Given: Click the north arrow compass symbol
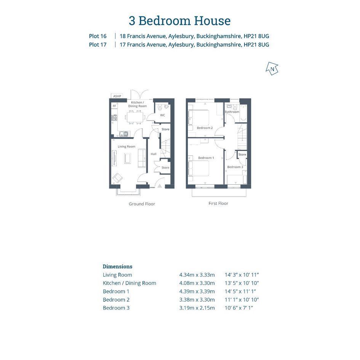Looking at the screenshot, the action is (x=272, y=69).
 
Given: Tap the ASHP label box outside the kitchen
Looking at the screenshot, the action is (x=117, y=96).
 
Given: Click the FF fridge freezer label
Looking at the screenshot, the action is (x=114, y=106).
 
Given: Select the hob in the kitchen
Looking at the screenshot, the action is (x=114, y=118).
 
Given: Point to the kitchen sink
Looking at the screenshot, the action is (x=124, y=134).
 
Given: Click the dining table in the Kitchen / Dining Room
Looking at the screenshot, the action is (x=135, y=117).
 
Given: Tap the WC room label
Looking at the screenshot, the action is (x=163, y=115).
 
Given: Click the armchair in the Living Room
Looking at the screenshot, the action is (x=117, y=178).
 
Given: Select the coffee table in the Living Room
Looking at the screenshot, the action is (x=127, y=158).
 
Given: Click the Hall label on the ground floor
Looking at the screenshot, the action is (x=154, y=154).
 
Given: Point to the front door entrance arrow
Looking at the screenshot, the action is (x=160, y=186).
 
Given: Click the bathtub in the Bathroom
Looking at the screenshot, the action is (x=243, y=114).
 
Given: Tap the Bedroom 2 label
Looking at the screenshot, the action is (x=205, y=128).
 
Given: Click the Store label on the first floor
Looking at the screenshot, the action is (x=242, y=155).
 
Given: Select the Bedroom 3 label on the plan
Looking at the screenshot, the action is (x=235, y=167).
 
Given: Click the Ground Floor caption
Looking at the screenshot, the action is (x=142, y=204).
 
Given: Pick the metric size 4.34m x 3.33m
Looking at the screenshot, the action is (x=197, y=275).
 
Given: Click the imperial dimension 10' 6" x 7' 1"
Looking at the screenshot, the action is (x=239, y=308).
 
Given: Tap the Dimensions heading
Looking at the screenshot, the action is (x=118, y=267).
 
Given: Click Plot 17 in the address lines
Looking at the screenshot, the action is (x=98, y=45).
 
